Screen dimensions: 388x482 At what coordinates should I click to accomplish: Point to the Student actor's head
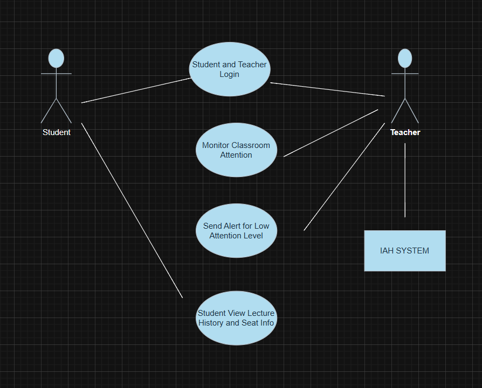pyautogui.click(x=56, y=58)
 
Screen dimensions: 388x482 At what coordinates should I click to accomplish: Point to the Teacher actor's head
pyautogui.click(x=405, y=58)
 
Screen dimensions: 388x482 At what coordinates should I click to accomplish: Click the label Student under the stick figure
pyautogui.click(x=57, y=132)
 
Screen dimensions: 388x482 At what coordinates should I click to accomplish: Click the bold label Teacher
pyautogui.click(x=405, y=132)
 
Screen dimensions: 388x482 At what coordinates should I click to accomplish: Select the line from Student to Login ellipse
pyautogui.click(x=136, y=90)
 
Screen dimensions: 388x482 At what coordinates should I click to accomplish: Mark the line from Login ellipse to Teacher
pyautogui.click(x=327, y=89)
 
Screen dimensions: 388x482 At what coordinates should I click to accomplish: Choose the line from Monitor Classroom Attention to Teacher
pyautogui.click(x=331, y=132)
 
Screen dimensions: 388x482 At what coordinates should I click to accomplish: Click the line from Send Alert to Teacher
pyautogui.click(x=344, y=177)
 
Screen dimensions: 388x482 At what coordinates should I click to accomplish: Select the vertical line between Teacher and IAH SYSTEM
pyautogui.click(x=405, y=180)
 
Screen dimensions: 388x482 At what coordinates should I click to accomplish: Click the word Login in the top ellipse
pyautogui.click(x=230, y=74)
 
